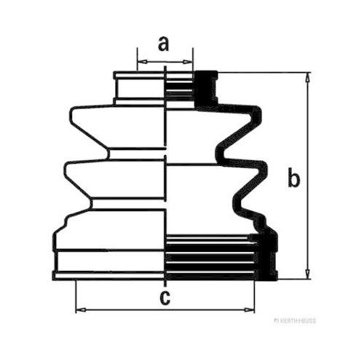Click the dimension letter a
coord(164,44)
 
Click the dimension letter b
coord(294,177)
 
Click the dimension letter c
coord(165,298)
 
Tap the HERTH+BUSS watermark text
coord(295,321)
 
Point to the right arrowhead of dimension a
coord(188,62)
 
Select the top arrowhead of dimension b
coord(308,78)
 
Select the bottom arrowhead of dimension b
coord(308,274)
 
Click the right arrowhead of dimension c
coord(250,310)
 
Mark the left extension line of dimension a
coord(138,59)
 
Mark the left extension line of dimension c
coord(76,296)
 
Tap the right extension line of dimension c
coord(255,296)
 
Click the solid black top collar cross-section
coord(205,89)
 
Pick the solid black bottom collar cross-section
coord(267,256)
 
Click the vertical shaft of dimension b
coord(308,175)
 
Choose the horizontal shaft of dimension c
coord(165,310)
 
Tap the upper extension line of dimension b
coord(264,72)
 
